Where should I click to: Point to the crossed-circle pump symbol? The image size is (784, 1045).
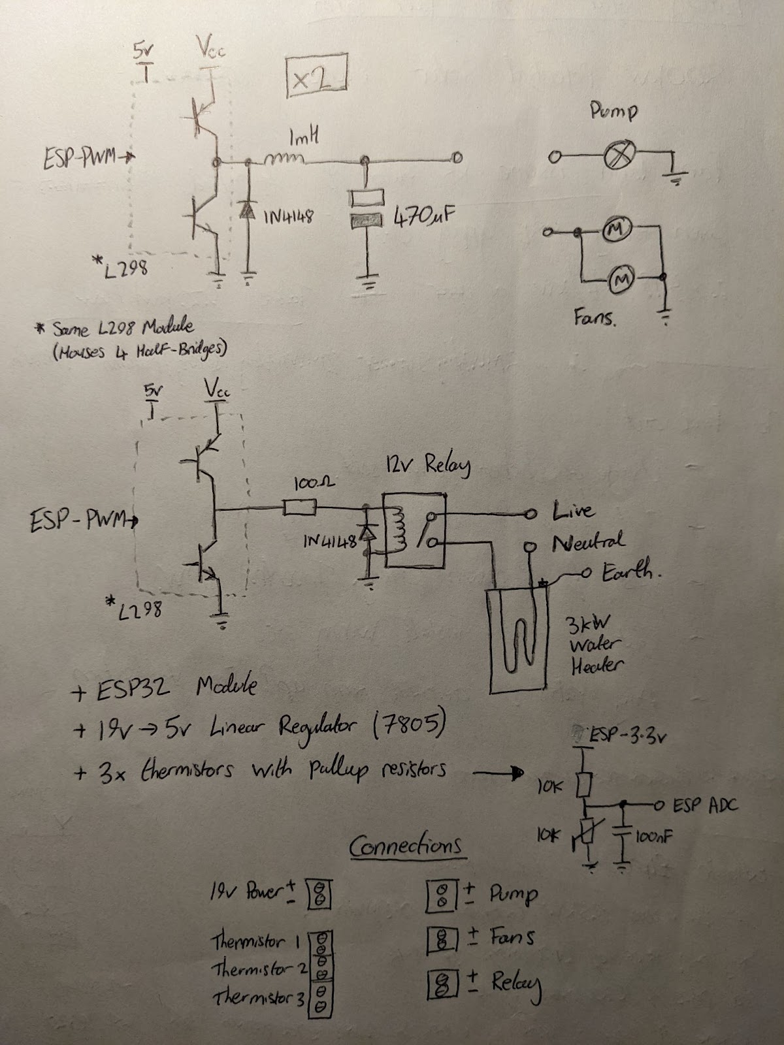(x=615, y=157)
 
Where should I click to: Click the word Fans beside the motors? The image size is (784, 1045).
(x=595, y=319)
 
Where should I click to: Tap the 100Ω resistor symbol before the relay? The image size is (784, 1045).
(x=300, y=507)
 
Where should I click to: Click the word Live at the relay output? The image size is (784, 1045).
(x=573, y=510)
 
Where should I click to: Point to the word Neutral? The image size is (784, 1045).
(x=587, y=541)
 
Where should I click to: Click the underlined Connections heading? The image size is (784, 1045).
(x=407, y=847)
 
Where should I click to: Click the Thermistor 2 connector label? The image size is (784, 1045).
(x=259, y=969)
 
